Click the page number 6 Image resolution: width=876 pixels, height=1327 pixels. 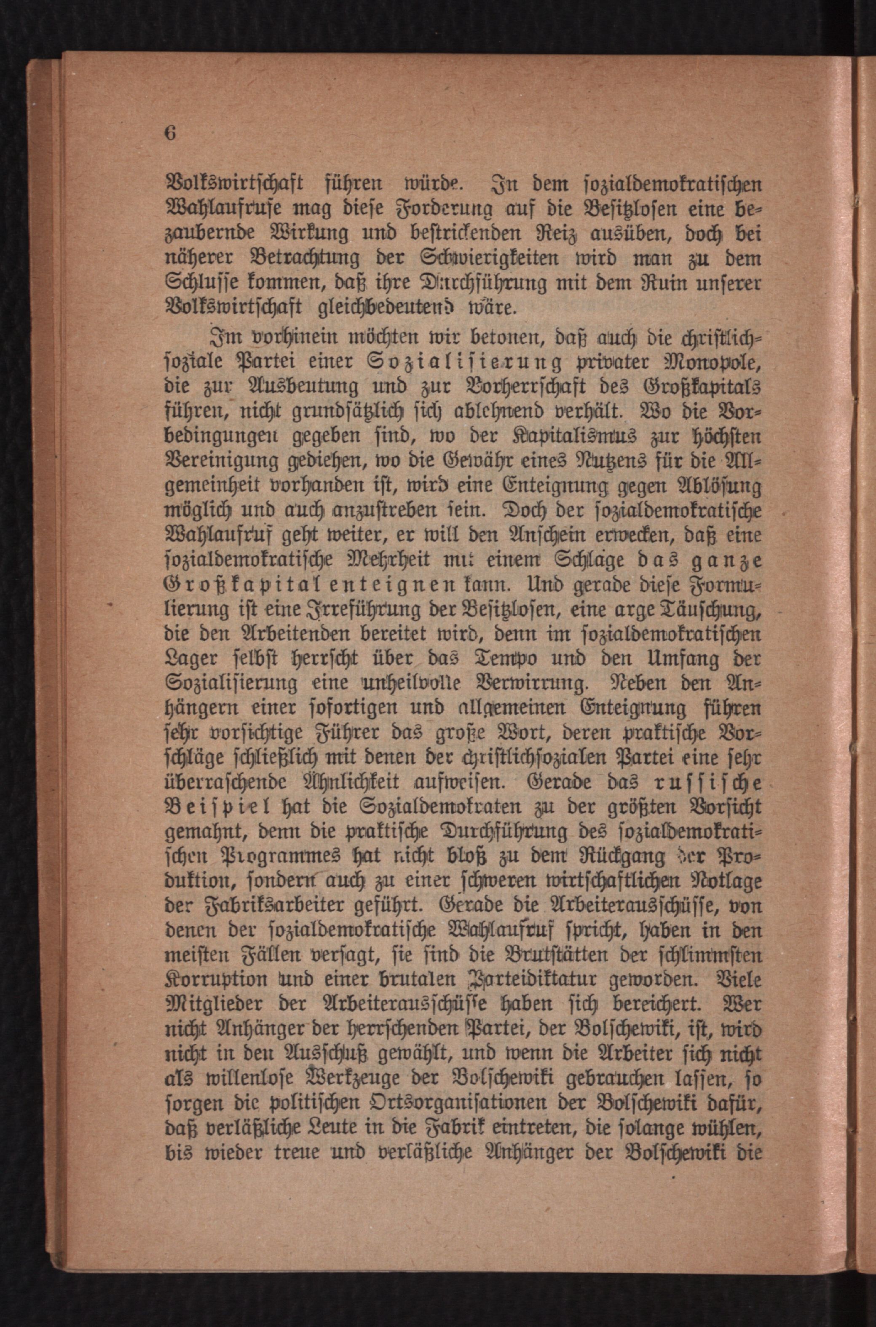coord(170,134)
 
